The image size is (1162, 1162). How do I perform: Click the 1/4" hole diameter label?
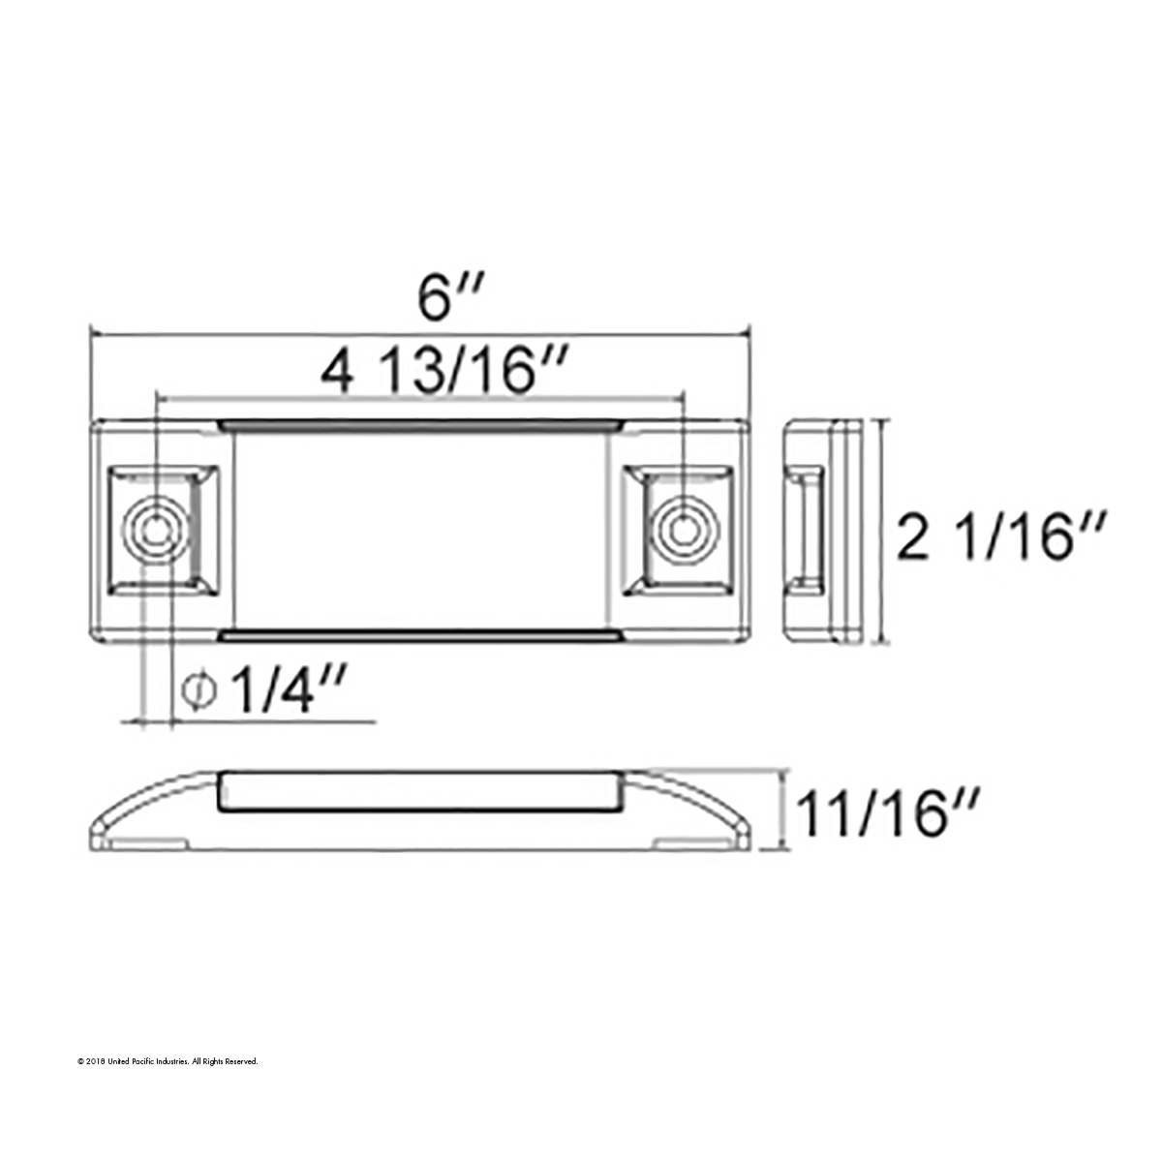click(281, 690)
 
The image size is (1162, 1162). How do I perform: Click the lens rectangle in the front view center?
click(421, 530)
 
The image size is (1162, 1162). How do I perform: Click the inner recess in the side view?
click(806, 530)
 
